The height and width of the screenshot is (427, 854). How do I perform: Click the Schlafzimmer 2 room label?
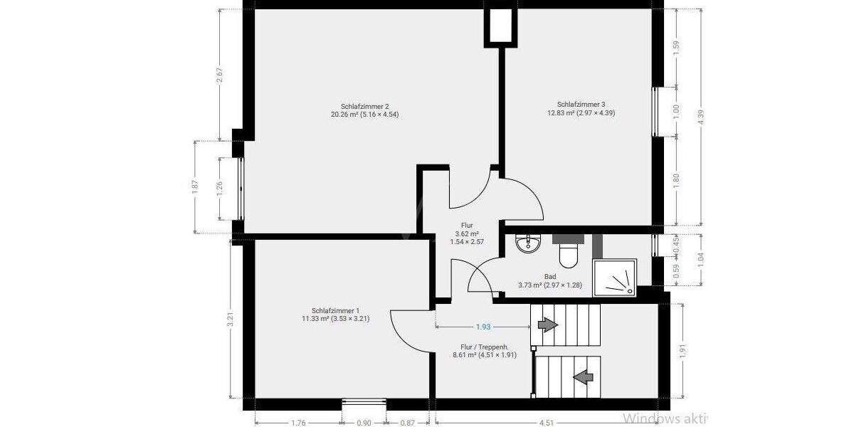[x=364, y=110]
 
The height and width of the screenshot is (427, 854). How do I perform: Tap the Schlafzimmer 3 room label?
[x=581, y=108]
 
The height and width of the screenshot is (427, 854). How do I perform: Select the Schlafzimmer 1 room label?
[x=335, y=315]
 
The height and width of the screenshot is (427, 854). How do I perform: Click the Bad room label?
[x=550, y=281]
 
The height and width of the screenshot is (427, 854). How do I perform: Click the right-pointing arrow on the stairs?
[x=547, y=325]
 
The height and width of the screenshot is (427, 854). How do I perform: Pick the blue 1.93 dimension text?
[x=483, y=327]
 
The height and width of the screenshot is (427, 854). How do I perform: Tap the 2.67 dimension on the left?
[x=220, y=75]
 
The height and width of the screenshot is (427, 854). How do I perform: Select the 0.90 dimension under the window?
[x=363, y=423]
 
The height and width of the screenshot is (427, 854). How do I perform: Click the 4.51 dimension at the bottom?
[x=547, y=423]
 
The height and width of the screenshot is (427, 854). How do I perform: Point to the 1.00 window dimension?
[x=676, y=112]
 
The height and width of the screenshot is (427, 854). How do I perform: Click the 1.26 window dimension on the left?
[x=220, y=189]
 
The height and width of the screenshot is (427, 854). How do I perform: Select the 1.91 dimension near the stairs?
[x=683, y=352]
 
